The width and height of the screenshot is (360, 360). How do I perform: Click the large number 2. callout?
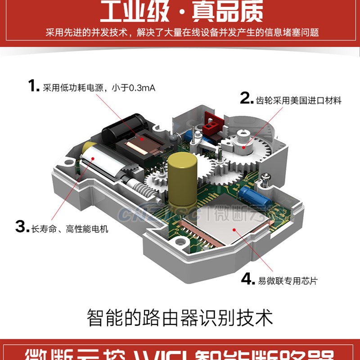[246, 98]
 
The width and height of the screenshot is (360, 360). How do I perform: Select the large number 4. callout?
[247, 279]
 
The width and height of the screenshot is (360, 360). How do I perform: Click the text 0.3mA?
[142, 88]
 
